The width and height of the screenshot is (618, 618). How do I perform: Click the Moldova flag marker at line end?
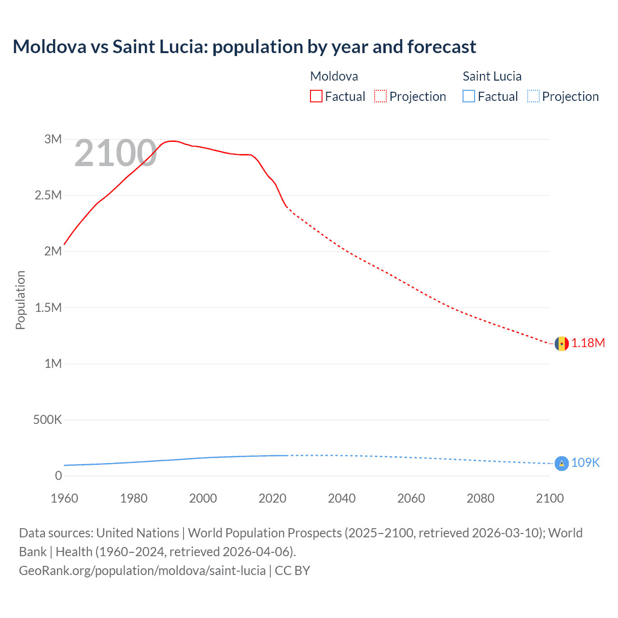click(561, 344)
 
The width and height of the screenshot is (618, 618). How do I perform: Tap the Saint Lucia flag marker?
click(561, 463)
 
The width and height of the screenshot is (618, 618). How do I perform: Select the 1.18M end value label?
click(588, 343)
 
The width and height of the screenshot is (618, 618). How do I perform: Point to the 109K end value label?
click(585, 463)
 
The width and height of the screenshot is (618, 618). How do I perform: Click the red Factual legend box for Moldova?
click(316, 97)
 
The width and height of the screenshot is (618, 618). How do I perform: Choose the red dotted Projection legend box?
click(380, 97)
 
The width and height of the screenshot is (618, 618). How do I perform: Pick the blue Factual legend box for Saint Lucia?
click(469, 97)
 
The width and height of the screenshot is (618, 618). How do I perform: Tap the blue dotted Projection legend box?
click(533, 97)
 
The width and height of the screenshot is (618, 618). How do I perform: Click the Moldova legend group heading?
click(334, 76)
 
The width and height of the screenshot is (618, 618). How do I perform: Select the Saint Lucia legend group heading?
click(492, 76)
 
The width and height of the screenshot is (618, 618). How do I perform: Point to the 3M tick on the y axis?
click(53, 140)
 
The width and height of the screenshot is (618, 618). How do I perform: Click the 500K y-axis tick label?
click(47, 420)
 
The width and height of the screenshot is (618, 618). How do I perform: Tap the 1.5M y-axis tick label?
click(48, 308)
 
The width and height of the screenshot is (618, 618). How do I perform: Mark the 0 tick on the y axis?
click(58, 476)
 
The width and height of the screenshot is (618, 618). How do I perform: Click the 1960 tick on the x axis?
click(64, 498)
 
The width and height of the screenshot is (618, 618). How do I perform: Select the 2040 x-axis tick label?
click(342, 498)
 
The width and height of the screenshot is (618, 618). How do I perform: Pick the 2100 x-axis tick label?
click(549, 498)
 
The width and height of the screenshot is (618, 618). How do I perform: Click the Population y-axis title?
click(20, 300)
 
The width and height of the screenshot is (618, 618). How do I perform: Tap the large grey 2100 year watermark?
click(115, 154)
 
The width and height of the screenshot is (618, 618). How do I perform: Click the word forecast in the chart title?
click(442, 47)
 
